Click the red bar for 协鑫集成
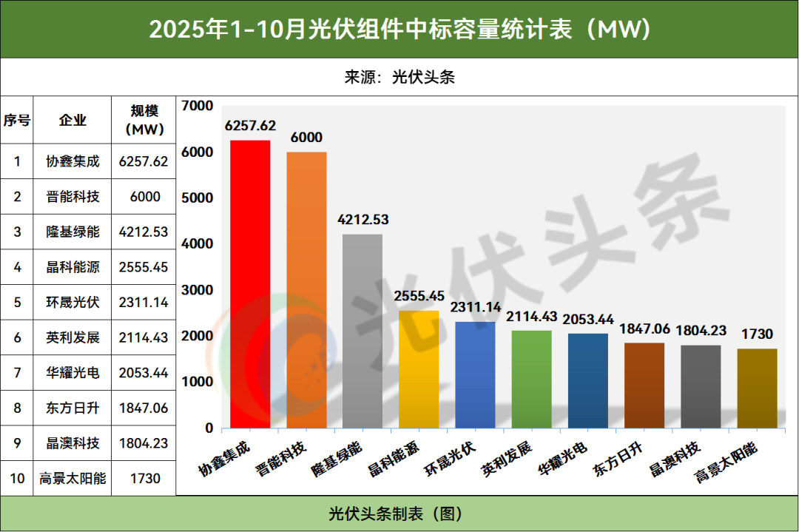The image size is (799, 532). coord(250,284)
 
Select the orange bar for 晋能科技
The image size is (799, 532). coord(306,290)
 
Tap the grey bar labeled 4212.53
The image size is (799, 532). coord(363,331)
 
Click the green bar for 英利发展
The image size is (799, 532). coord(531,379)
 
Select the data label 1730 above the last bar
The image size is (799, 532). coord(758,334)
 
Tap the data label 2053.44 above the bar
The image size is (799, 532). coord(588,319)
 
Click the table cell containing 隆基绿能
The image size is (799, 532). coord(73,232)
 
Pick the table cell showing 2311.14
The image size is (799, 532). coord(144,302)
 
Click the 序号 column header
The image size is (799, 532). coord(17,121)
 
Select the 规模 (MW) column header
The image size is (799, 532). coord(144,120)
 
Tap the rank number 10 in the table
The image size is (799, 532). coord(17,478)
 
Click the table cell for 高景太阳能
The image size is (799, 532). coord(73,478)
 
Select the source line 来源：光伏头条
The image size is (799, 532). coord(399,77)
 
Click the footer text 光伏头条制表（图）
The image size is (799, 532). coord(399,514)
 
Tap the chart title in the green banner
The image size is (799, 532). coord(399,29)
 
